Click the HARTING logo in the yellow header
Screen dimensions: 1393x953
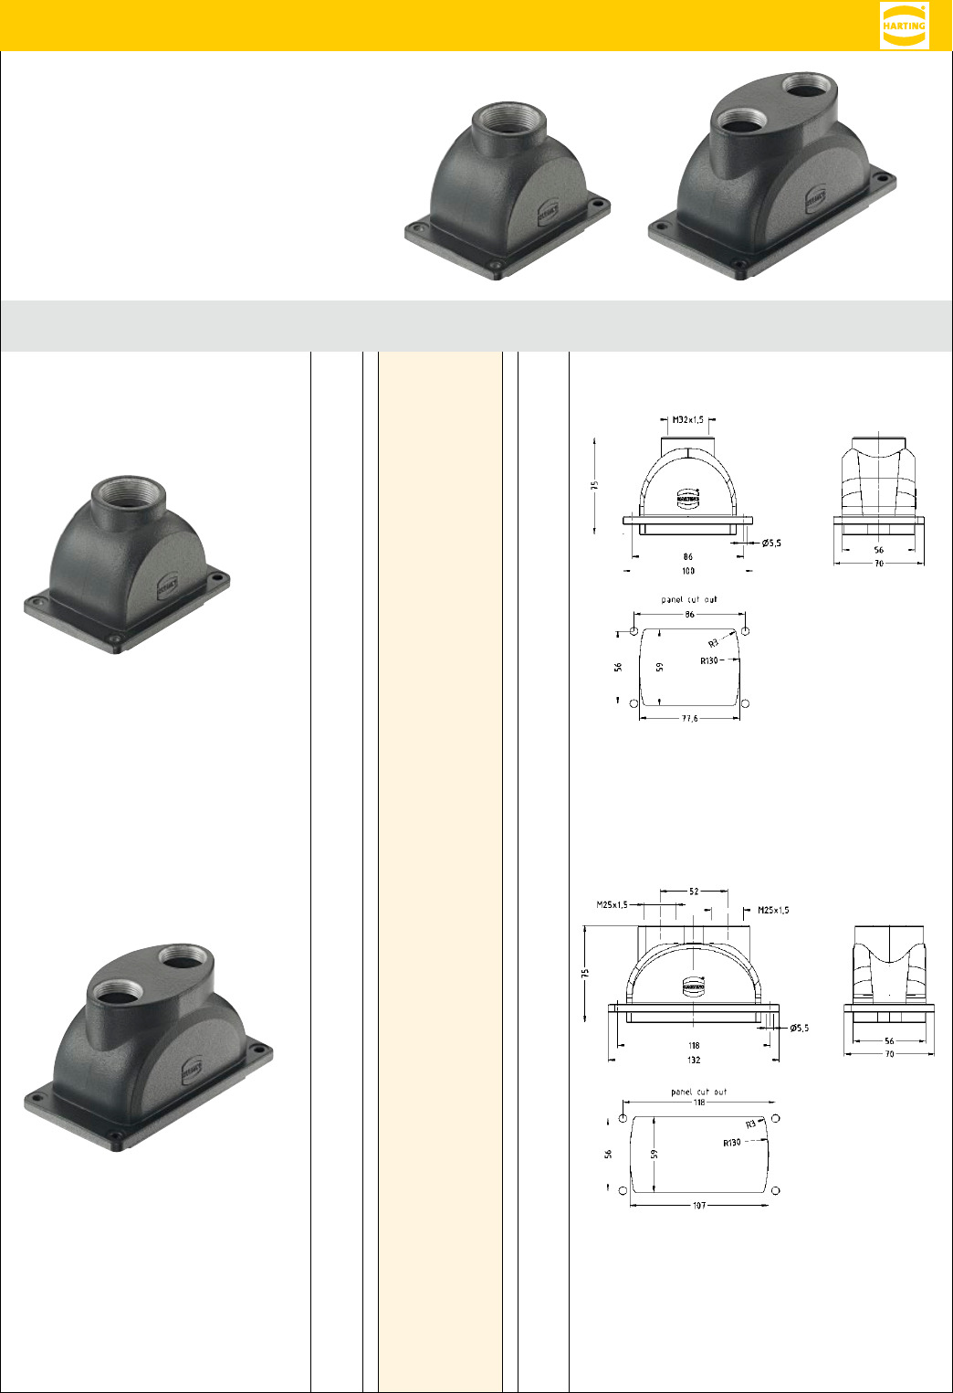[904, 25]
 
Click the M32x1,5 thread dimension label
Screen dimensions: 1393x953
[687, 420]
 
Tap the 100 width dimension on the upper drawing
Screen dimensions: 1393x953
[688, 571]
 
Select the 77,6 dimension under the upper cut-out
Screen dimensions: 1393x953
[690, 719]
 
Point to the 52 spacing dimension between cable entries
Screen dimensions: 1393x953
[694, 892]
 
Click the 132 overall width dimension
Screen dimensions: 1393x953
[694, 1061]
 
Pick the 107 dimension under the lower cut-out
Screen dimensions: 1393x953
[698, 1206]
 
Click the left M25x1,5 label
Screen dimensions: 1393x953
[613, 905]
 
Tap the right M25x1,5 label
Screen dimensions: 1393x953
[773, 910]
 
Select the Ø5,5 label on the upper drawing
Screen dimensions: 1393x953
[771, 543]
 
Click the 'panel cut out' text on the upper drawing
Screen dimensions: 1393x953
[689, 600]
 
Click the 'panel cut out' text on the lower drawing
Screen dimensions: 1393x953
[698, 1092]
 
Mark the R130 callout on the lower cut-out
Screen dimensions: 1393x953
[732, 1143]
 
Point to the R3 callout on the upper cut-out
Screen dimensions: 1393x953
[714, 644]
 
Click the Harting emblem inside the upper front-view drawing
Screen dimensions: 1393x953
[688, 499]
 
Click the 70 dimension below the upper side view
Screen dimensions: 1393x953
[878, 564]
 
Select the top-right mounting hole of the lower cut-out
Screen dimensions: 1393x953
[776, 1118]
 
